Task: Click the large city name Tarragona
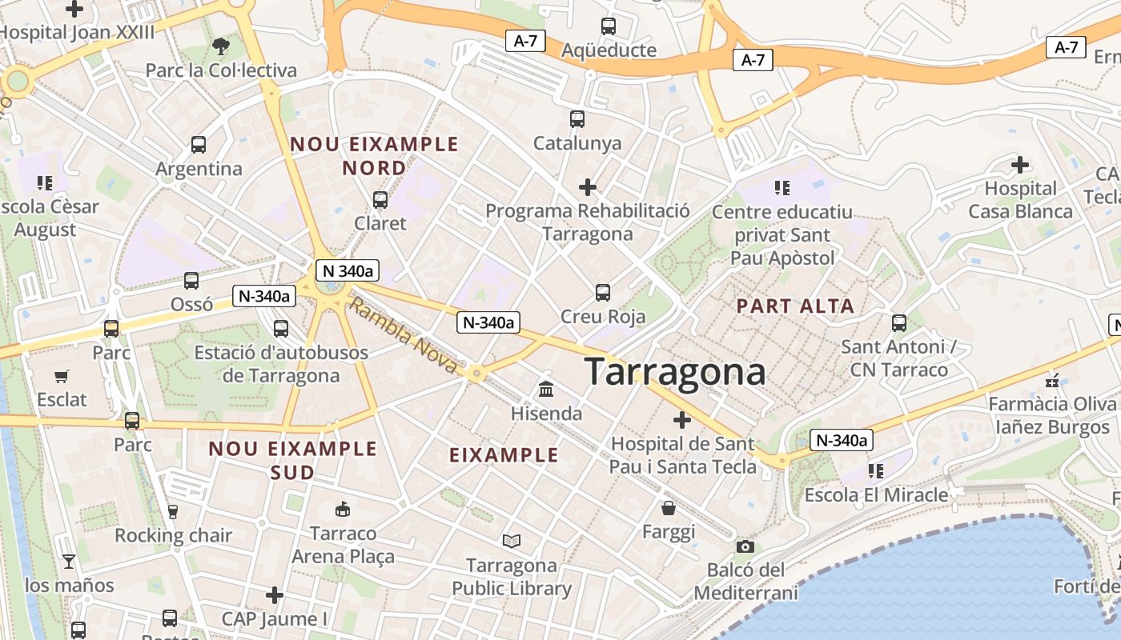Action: pyautogui.click(x=674, y=373)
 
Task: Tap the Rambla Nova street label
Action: pyautogui.click(x=404, y=336)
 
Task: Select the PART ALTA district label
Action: pyautogui.click(x=795, y=306)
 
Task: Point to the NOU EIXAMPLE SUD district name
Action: pyautogui.click(x=292, y=460)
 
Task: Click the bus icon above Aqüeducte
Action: pyautogui.click(x=609, y=26)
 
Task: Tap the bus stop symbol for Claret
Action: pyautogui.click(x=380, y=199)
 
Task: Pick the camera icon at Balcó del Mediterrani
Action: pyautogui.click(x=745, y=546)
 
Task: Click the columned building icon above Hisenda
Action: pyautogui.click(x=547, y=390)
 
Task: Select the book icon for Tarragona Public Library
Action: pyautogui.click(x=512, y=542)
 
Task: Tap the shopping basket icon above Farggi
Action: pyautogui.click(x=669, y=508)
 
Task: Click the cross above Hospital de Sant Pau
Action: pyautogui.click(x=682, y=419)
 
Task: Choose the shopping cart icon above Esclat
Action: pyautogui.click(x=62, y=376)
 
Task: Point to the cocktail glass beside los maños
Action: pyautogui.click(x=69, y=562)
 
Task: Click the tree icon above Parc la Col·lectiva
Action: pyautogui.click(x=221, y=46)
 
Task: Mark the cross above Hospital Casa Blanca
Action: pyautogui.click(x=1020, y=165)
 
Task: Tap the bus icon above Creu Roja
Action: pyautogui.click(x=603, y=293)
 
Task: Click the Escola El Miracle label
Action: pyautogui.click(x=876, y=494)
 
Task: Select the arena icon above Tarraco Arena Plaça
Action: pyautogui.click(x=343, y=509)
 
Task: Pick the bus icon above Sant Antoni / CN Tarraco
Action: pyautogui.click(x=899, y=323)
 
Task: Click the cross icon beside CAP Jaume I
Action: pyautogui.click(x=275, y=594)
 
